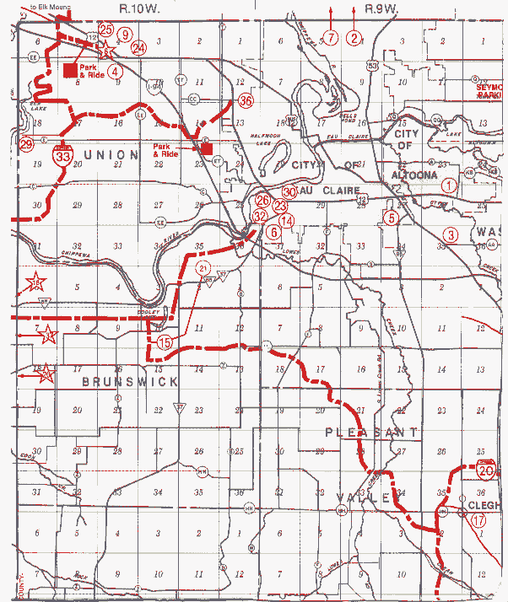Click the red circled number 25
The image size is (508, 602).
[x=105, y=29]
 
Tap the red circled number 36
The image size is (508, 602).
[x=246, y=100]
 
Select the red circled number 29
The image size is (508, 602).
[x=26, y=144]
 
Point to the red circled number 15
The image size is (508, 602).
[x=165, y=342]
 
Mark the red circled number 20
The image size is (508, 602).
[x=485, y=472]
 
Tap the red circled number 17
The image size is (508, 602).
[x=479, y=520]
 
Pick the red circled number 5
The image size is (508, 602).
[x=390, y=217]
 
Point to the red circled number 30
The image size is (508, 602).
[x=289, y=192]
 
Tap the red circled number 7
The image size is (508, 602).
[x=331, y=37]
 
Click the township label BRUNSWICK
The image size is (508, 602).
[x=130, y=381]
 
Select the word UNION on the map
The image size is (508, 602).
[x=111, y=154]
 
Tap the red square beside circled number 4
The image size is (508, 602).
[x=69, y=70]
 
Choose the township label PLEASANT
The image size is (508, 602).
[x=371, y=432]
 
